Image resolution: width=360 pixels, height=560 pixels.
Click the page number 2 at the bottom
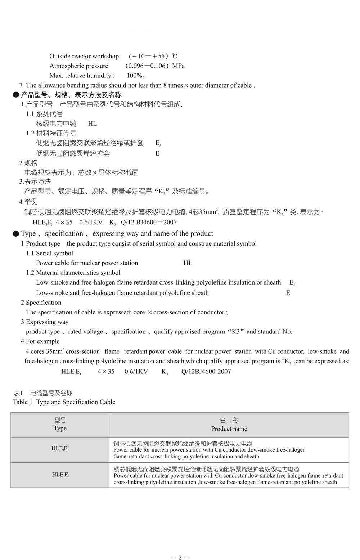click(180, 557)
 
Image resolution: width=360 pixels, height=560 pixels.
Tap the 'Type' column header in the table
click(60, 428)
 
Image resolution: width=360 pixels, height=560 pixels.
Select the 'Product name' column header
click(229, 429)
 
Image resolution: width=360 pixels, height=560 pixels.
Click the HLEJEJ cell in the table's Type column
click(60, 449)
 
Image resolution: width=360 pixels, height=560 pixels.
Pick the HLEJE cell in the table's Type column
click(60, 475)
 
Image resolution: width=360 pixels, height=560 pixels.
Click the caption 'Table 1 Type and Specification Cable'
click(64, 402)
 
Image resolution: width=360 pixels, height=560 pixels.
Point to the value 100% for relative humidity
click(135, 76)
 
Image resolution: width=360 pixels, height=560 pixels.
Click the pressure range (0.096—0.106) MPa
click(155, 66)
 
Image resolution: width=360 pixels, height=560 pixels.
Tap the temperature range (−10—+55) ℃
click(153, 56)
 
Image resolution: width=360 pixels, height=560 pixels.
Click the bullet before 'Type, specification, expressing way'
click(16, 234)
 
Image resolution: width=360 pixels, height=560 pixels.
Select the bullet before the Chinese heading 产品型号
click(16, 95)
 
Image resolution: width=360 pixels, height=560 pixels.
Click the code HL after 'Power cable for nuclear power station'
click(188, 263)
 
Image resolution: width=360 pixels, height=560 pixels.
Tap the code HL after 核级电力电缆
click(93, 124)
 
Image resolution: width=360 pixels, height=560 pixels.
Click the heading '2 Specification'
click(41, 303)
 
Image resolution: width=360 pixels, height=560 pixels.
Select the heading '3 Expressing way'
click(45, 322)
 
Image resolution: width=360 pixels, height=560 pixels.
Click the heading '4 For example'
click(40, 341)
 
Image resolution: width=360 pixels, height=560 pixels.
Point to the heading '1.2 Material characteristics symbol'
click(73, 273)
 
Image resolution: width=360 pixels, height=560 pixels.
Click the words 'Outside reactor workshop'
click(84, 56)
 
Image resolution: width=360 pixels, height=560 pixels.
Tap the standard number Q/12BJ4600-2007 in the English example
click(206, 371)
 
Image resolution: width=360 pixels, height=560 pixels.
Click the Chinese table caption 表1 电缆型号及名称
click(43, 393)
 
